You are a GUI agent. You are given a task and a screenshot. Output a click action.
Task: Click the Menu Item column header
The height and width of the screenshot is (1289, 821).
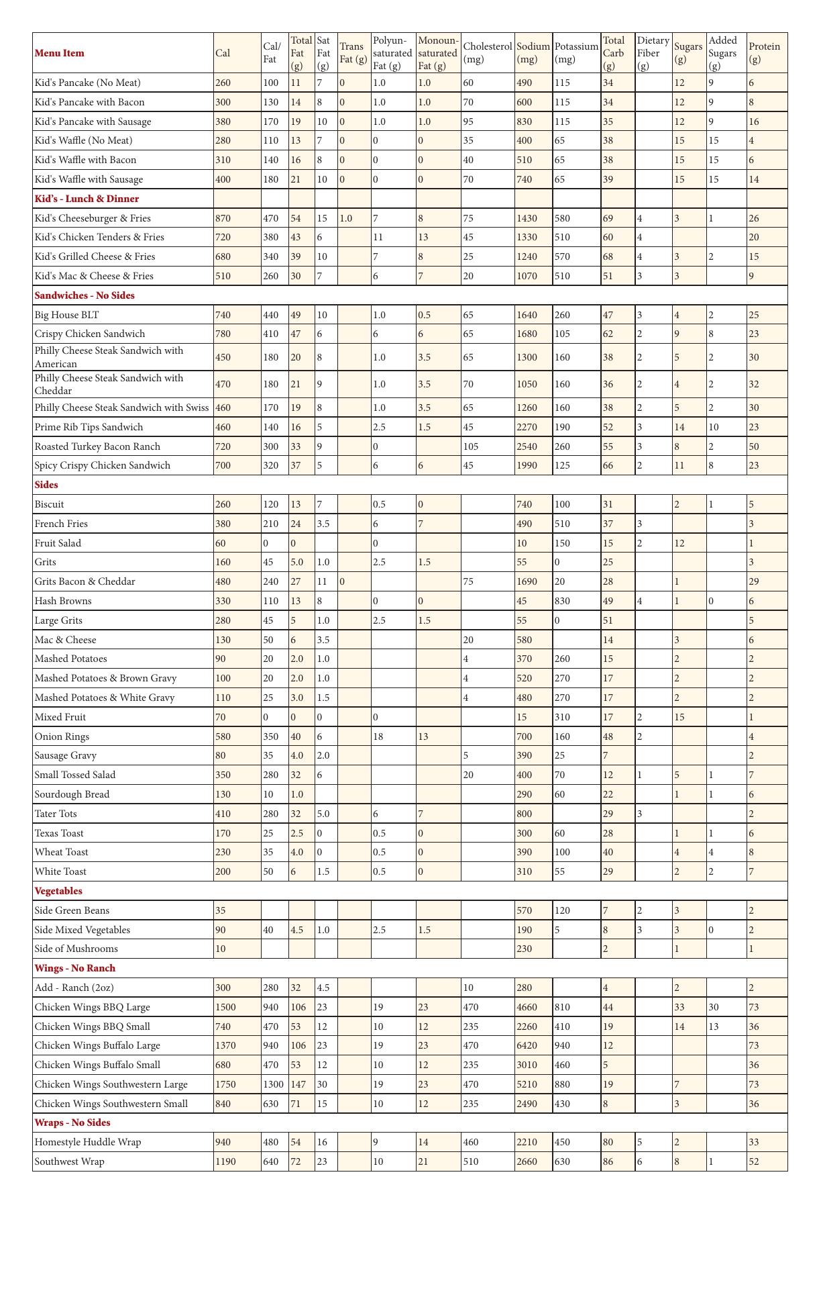pos(60,53)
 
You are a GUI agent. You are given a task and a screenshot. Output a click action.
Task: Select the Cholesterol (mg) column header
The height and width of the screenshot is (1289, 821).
pos(487,53)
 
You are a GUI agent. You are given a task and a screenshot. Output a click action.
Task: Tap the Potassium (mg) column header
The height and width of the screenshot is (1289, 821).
pos(576,53)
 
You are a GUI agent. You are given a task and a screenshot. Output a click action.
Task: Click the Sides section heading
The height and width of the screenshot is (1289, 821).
pos(46,485)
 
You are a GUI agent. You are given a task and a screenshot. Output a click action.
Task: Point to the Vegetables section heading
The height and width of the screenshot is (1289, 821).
pos(58,891)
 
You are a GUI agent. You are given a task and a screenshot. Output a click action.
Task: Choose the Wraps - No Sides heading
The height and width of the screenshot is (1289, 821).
pos(72,1123)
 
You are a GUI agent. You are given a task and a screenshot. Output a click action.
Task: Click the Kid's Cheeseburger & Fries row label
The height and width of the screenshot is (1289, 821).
pos(93,218)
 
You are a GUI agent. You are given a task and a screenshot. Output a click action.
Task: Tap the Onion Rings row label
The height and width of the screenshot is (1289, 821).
pos(62,736)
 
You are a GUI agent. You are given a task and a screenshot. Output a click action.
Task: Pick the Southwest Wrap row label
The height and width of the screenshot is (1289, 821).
pos(70,1161)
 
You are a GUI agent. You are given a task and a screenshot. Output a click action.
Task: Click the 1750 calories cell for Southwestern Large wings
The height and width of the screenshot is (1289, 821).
pos(225,1084)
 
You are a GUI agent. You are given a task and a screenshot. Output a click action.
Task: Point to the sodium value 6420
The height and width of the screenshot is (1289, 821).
pos(527,1045)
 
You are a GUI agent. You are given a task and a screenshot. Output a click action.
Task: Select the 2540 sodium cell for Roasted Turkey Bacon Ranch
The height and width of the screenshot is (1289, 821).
pos(527,446)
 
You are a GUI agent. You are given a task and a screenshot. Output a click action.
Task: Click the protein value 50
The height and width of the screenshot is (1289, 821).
pos(754,446)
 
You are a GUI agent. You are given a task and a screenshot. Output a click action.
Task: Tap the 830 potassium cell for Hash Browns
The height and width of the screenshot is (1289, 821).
pos(563,601)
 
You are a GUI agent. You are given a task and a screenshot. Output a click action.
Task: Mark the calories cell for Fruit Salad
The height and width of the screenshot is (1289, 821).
pos(221,543)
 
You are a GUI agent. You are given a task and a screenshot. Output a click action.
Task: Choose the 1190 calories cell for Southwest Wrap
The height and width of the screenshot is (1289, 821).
pos(225,1161)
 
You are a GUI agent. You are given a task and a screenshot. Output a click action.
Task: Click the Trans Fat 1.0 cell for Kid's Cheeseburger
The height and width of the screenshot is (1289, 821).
pos(346,218)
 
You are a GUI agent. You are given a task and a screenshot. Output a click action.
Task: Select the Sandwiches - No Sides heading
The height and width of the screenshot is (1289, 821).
pos(85,295)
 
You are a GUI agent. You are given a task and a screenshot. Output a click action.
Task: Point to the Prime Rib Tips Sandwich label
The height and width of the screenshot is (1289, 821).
pos(89,427)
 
